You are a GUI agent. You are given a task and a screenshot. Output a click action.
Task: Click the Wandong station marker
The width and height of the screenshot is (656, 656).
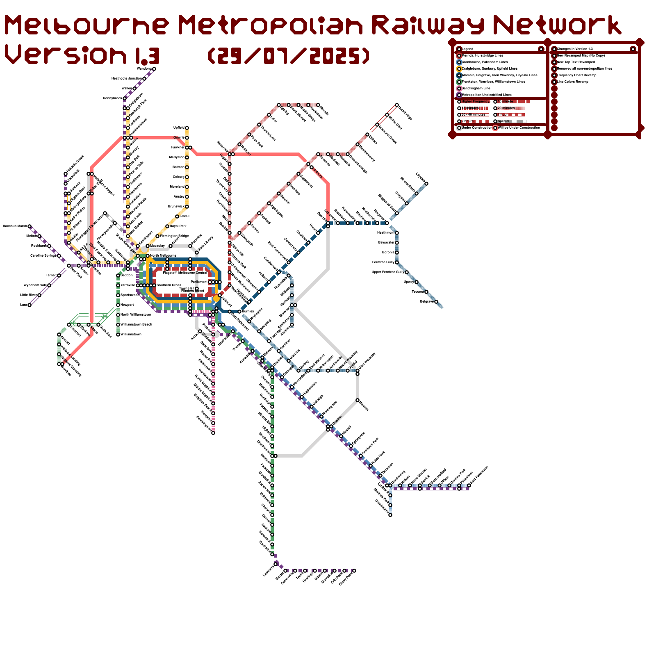coord(154,69)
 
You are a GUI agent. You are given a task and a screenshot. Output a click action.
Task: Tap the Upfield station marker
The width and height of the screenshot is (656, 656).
coord(187,128)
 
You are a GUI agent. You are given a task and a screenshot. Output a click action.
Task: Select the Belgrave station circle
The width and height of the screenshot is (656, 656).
coord(436,302)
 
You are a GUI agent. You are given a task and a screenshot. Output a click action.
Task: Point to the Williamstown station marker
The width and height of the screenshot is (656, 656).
coord(118,335)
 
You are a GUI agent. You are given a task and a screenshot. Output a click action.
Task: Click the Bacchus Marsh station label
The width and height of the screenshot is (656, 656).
coord(15,226)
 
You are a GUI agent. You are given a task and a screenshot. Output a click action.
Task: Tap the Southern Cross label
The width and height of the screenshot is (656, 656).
coord(169,285)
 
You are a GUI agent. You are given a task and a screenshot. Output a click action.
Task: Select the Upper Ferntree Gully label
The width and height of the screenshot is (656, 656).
coord(388,272)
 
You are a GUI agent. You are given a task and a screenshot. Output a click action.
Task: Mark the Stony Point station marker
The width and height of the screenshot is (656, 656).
coord(354,571)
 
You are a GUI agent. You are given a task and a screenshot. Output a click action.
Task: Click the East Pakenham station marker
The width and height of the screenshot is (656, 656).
coord(469,485)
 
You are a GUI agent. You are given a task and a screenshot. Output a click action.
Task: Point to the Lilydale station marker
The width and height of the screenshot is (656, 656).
coord(426,184)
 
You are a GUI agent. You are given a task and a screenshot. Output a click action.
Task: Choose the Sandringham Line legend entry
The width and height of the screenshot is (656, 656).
coord(476,88)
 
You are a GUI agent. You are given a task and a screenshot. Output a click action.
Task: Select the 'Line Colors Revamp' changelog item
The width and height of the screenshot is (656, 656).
coord(572,82)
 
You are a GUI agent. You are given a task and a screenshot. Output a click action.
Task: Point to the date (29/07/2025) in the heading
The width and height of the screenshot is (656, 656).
coord(289,55)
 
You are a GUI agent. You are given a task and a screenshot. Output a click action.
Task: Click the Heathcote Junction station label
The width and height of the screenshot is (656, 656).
coord(126,78)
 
